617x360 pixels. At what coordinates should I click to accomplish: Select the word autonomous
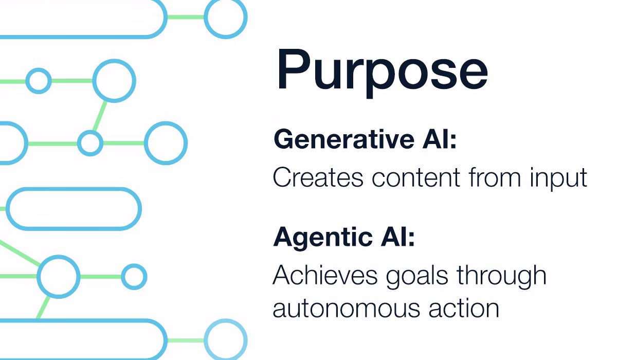pos(339,309)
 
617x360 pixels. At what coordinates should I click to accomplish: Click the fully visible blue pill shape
pos(74,209)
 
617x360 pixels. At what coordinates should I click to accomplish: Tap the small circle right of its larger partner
pos(134,277)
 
